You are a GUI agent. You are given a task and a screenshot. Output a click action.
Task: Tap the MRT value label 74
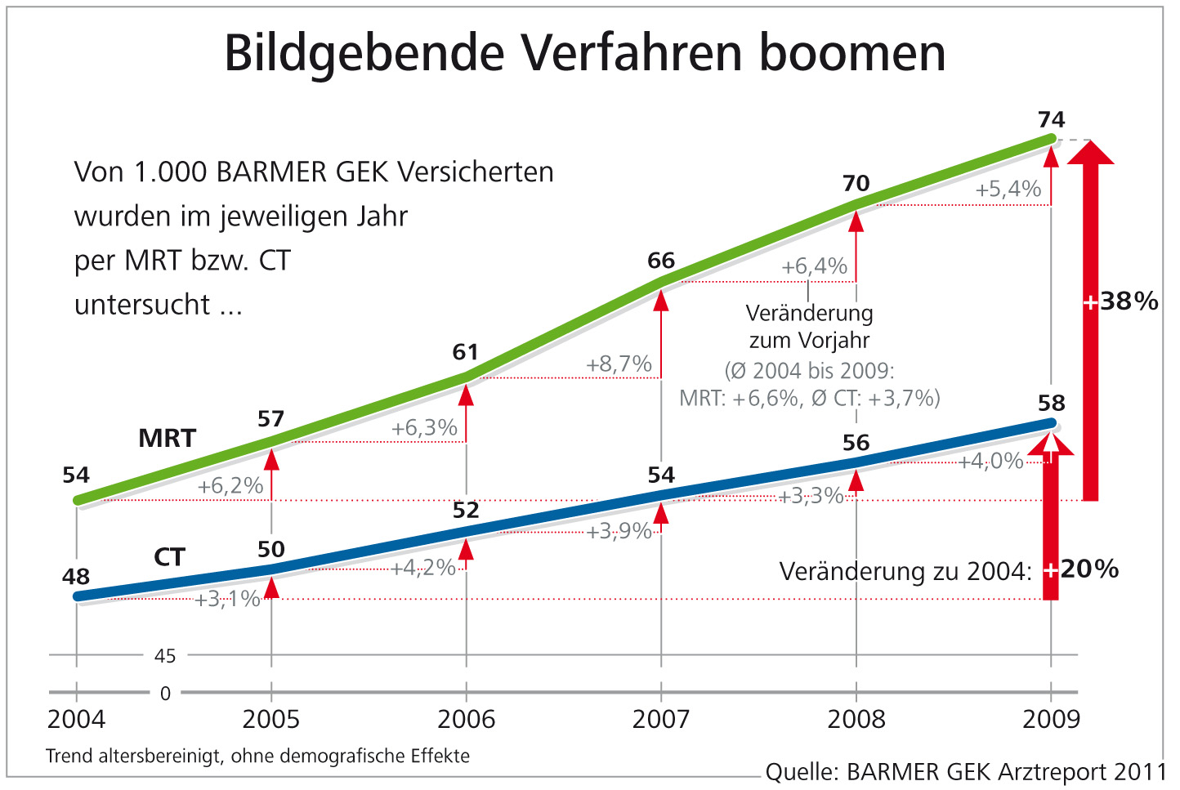(1051, 120)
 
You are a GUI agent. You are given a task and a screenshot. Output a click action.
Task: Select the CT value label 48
(76, 577)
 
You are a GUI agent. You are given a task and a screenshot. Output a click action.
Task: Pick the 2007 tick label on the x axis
(660, 720)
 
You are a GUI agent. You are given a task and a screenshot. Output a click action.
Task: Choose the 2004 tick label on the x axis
(76, 720)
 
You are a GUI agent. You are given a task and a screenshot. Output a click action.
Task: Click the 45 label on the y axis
(165, 656)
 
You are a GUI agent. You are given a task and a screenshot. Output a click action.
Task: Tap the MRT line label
(168, 438)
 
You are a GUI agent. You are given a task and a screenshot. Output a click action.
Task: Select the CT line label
(169, 557)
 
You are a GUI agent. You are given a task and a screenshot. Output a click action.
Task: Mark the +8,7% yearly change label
(619, 364)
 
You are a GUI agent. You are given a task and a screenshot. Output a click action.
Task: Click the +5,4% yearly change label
(1008, 190)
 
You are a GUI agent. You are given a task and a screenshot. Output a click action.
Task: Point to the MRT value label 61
(466, 352)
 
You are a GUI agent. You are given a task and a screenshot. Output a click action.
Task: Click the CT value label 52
(466, 511)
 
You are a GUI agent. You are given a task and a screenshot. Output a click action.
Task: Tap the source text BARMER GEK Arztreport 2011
(1006, 772)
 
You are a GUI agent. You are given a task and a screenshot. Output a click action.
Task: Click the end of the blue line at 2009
(1051, 423)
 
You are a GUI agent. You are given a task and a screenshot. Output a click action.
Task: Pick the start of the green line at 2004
(78, 500)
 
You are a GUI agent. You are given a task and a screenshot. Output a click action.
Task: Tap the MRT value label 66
(661, 261)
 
